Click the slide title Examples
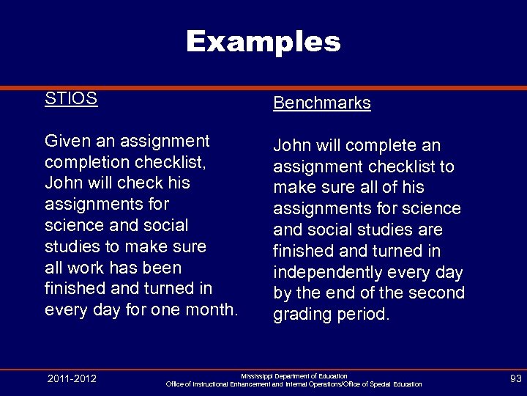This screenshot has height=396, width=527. (x=263, y=41)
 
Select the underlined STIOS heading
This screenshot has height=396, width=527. (x=71, y=99)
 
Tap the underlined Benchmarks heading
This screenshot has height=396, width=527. (x=322, y=103)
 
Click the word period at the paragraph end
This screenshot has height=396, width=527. (x=364, y=315)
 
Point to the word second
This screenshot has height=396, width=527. (x=437, y=293)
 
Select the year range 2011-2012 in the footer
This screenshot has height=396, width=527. (x=71, y=379)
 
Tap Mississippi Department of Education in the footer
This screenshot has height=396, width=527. (x=294, y=375)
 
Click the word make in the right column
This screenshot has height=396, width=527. (x=294, y=188)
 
